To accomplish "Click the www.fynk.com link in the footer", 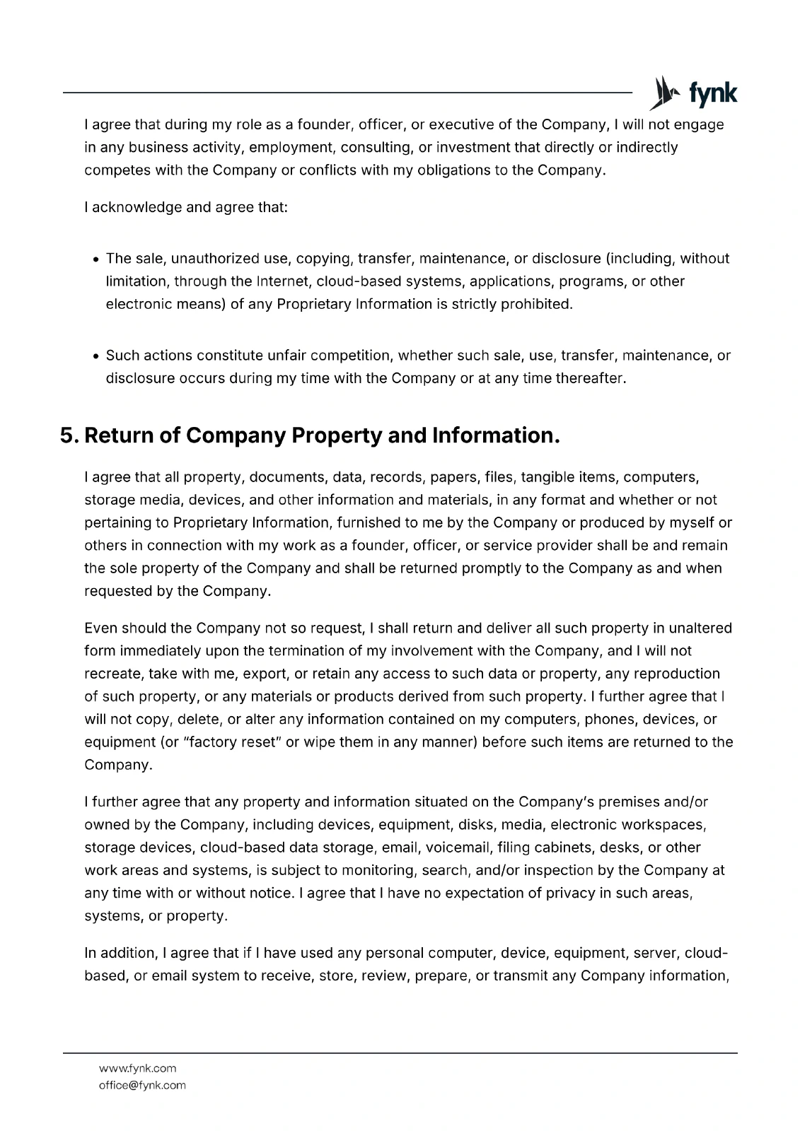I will [137, 1068].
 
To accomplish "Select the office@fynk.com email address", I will [142, 1085].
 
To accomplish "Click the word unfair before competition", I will [287, 355].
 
